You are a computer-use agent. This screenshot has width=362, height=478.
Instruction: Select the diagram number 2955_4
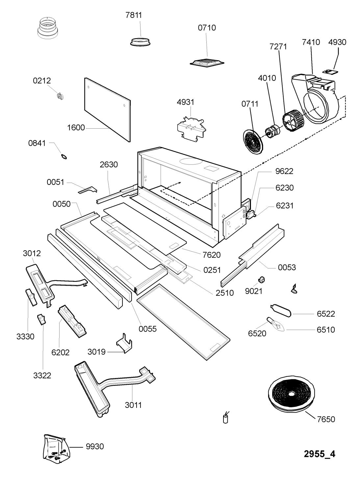pos(319,454)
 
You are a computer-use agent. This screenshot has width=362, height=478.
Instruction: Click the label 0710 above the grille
pos(207,28)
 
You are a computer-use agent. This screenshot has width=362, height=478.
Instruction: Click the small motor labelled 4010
pos(272,131)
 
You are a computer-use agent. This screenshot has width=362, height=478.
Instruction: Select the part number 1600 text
pos(76,128)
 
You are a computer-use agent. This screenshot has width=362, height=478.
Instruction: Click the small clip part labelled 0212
pos(60,96)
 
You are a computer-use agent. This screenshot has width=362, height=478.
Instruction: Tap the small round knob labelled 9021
pos(262,280)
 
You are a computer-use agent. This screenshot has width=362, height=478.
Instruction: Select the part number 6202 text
pos(61,352)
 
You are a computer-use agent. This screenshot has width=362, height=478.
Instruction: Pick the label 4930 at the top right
pos(337,42)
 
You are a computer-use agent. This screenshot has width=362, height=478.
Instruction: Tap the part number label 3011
pos(133,405)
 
